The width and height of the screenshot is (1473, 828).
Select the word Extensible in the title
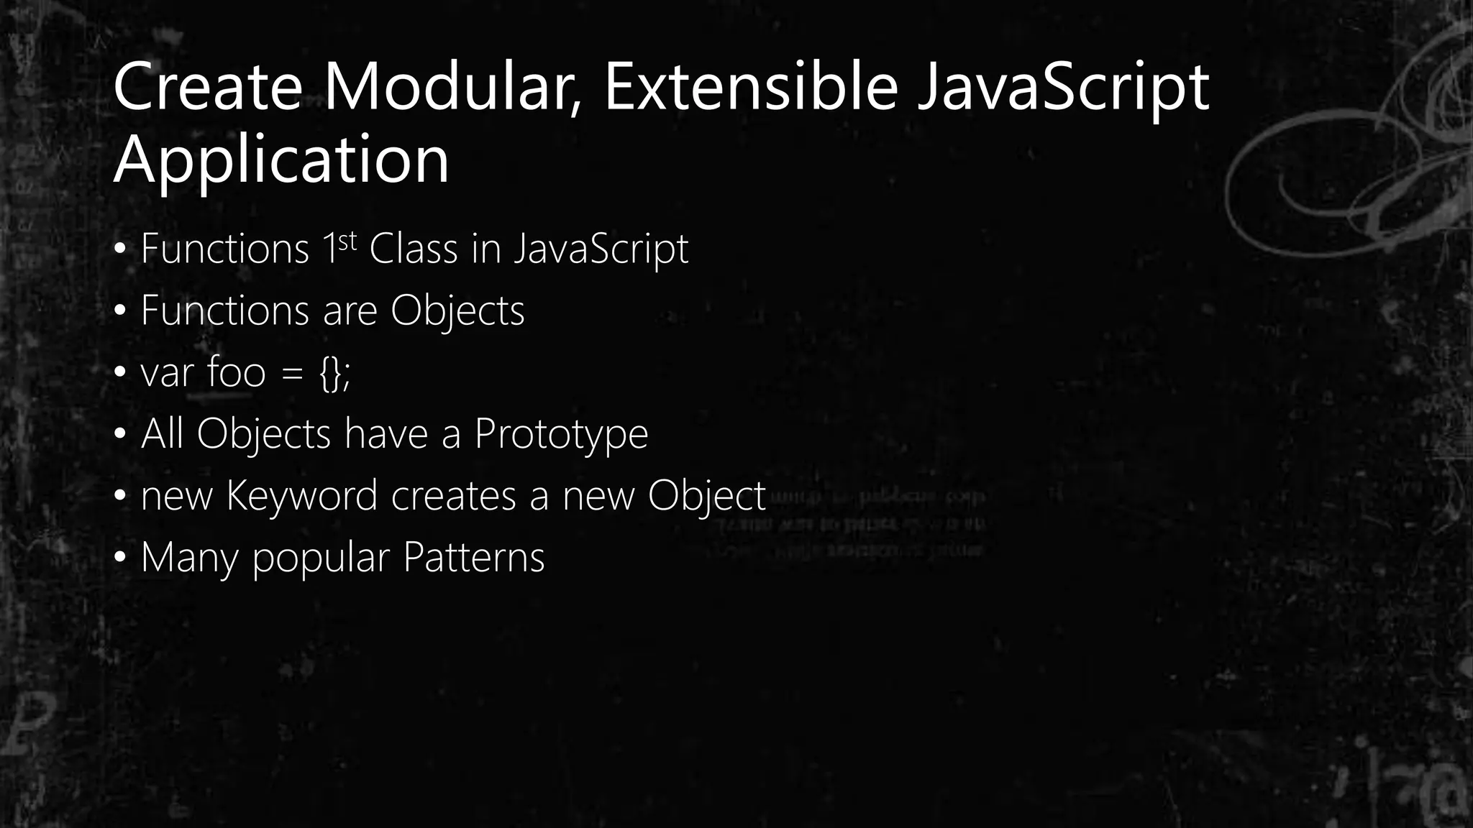coord(751,88)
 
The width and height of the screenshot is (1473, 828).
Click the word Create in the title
coord(207,88)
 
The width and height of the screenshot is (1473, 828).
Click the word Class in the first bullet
coord(413,249)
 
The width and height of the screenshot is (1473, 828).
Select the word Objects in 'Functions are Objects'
coord(457,311)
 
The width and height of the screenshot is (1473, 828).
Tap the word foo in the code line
coord(236,373)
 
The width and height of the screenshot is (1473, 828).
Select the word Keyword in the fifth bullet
coord(301,497)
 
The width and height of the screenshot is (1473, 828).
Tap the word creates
coord(453,497)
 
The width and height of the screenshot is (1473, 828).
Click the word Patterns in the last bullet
coord(473,558)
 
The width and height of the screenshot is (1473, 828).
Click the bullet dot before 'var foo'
coord(120,373)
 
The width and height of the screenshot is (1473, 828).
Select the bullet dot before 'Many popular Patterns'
coord(120,558)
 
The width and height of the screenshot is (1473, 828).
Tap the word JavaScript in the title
coord(1063,88)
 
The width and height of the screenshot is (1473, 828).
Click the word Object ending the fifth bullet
coord(706,497)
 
